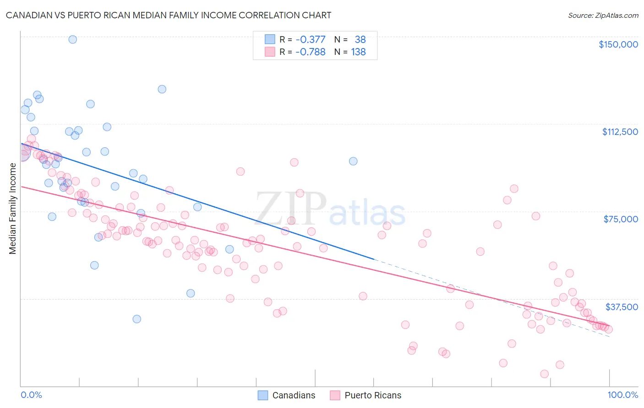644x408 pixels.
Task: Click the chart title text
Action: [169, 15]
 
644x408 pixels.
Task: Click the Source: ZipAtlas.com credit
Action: [603, 16]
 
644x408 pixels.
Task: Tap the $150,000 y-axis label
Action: [618, 44]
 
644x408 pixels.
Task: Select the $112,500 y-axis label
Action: [620, 132]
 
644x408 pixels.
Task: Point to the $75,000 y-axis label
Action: [621, 219]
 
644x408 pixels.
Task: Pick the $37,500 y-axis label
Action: [622, 307]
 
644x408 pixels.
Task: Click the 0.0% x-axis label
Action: [31, 395]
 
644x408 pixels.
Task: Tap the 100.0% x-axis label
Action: [622, 395]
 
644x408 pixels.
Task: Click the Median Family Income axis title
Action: [12, 209]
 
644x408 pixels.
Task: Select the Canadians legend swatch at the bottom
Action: [263, 395]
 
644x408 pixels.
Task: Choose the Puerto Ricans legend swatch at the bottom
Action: [335, 395]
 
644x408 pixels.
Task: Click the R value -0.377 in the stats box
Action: [311, 40]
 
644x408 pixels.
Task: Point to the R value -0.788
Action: [311, 52]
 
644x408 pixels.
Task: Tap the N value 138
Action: [358, 52]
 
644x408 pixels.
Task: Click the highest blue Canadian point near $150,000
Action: [72, 39]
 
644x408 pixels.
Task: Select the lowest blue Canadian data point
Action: [136, 319]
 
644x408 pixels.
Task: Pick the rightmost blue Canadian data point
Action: [353, 161]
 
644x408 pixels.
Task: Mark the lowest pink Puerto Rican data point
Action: [544, 374]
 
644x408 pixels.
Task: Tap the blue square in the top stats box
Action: [270, 40]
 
